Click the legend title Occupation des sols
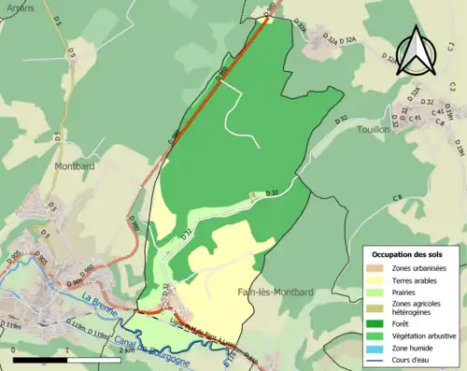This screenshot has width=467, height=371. [x=407, y=254]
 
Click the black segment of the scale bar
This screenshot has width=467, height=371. [x=43, y=359]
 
